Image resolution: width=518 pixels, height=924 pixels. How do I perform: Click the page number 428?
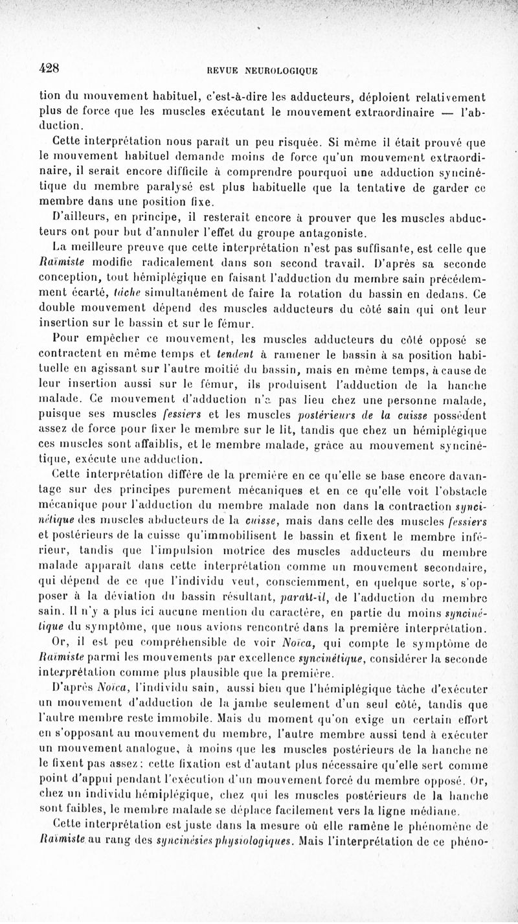point(49,66)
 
